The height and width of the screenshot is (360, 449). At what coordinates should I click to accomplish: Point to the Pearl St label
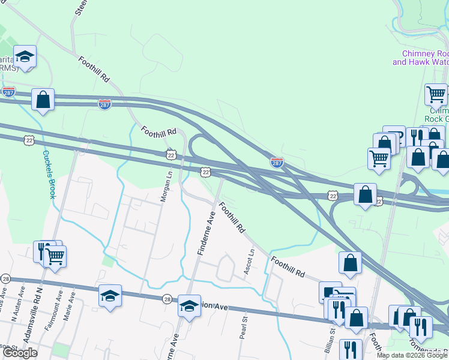(244, 328)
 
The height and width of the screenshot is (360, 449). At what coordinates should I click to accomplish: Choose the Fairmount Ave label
(60, 303)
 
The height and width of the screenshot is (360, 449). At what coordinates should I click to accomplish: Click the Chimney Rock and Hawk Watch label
(421, 58)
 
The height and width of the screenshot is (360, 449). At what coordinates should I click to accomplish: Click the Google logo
(20, 353)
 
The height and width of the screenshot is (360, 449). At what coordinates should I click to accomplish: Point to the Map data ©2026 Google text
(412, 355)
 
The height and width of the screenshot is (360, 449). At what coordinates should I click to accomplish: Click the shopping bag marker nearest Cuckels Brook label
(43, 100)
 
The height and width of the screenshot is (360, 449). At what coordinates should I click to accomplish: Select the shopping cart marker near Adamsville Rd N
(55, 257)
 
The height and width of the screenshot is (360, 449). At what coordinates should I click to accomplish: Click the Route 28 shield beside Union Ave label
(167, 298)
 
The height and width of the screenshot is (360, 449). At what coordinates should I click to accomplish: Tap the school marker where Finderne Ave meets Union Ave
(189, 307)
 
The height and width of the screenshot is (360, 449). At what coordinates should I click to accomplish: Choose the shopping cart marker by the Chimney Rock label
(436, 95)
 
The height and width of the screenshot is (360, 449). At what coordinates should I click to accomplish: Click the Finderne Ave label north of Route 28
(206, 234)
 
